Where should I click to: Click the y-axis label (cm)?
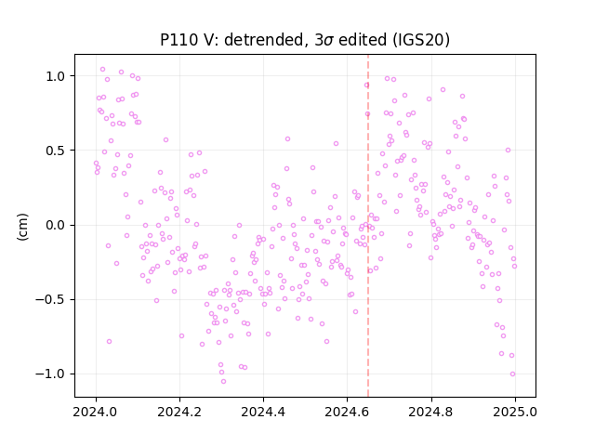[x=22, y=227]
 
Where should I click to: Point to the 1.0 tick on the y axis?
[x=56, y=76]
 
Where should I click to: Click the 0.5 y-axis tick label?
[x=56, y=151]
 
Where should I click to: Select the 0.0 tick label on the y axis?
[x=56, y=225]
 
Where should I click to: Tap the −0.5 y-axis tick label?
[x=50, y=299]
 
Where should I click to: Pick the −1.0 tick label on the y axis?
[x=50, y=374]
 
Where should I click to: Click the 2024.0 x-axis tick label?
[x=96, y=412]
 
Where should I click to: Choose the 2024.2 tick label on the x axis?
[x=179, y=412]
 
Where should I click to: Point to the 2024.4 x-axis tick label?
[x=263, y=412]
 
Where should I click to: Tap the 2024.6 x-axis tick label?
[x=347, y=412]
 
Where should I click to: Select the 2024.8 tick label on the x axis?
[x=430, y=412]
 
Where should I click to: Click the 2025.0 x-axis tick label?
[x=515, y=412]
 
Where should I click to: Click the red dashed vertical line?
[x=368, y=226]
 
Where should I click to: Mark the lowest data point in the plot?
[x=223, y=382]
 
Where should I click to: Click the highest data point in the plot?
[x=103, y=70]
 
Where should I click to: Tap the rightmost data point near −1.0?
[x=512, y=374]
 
